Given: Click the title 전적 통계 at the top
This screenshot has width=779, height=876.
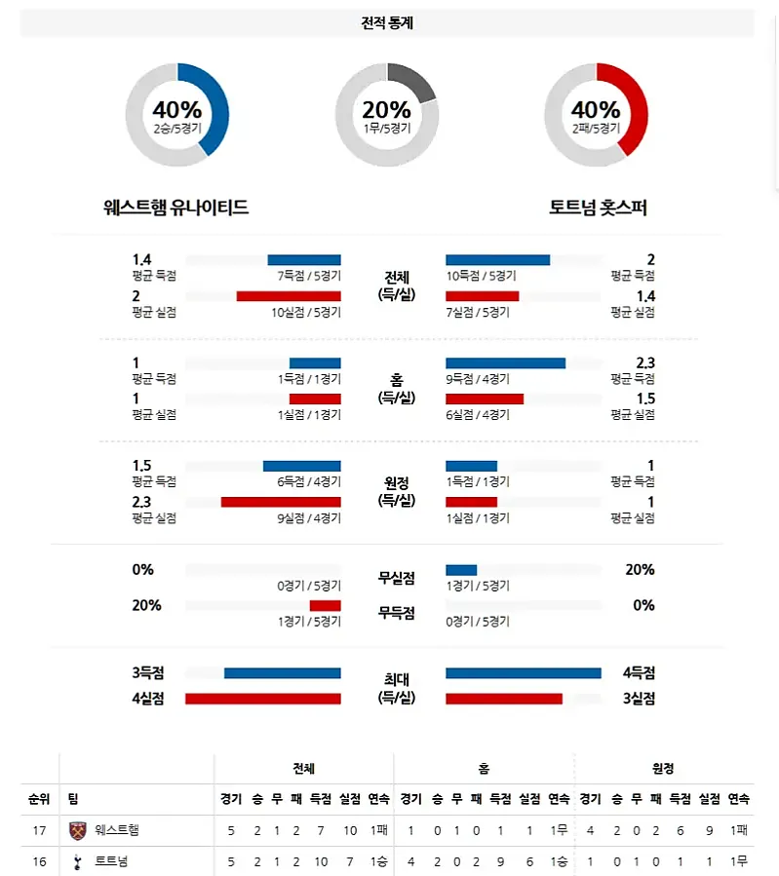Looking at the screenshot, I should click(387, 23).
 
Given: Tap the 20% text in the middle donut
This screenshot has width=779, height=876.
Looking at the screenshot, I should click(387, 109).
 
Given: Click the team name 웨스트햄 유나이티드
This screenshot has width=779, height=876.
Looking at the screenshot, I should click(175, 208).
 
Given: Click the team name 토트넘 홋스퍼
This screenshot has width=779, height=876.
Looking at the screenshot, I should click(598, 208).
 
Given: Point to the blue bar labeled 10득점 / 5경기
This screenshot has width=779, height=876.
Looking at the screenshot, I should click(497, 260).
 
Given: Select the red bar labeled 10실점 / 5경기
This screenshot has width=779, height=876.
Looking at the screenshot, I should click(289, 296).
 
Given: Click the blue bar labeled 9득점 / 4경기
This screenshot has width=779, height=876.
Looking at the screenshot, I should click(505, 363).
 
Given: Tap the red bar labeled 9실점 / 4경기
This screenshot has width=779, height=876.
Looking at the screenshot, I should click(281, 502).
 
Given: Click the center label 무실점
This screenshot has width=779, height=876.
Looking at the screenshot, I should click(397, 578).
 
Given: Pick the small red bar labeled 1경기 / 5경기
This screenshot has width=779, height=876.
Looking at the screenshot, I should click(325, 605).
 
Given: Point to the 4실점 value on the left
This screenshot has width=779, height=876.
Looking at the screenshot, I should click(148, 698).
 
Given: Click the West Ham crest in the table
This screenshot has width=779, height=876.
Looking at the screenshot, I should click(78, 831).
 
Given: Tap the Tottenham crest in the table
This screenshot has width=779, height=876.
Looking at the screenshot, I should click(78, 861).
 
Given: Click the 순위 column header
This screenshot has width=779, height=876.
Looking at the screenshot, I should click(38, 799).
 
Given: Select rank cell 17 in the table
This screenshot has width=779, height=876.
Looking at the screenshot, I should click(38, 831).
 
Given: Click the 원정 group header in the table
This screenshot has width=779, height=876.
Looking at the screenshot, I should click(663, 769).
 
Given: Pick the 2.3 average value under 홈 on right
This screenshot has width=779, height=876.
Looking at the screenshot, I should click(643, 363).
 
